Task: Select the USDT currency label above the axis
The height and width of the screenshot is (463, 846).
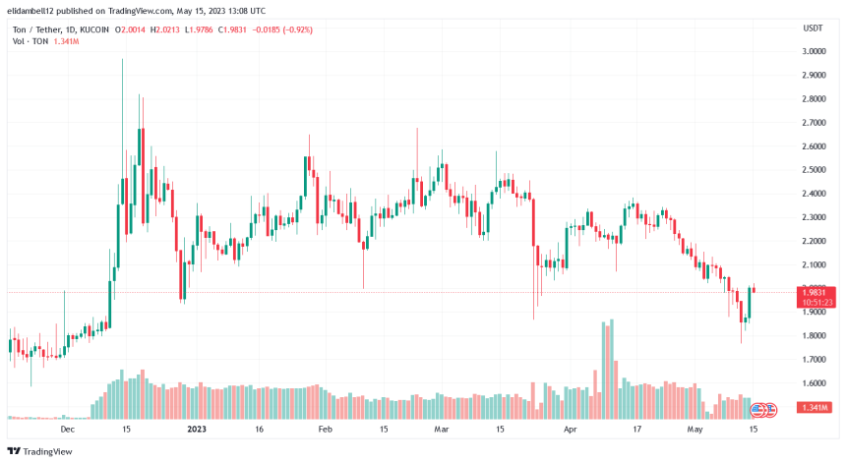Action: (x=812, y=27)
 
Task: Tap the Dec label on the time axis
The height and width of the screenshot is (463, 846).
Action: (x=68, y=430)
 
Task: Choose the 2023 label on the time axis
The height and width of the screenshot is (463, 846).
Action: (x=197, y=430)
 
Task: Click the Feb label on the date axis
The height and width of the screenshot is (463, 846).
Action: (x=325, y=430)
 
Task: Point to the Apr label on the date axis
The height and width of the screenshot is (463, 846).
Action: (x=570, y=430)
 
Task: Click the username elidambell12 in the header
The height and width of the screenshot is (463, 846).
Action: (x=34, y=10)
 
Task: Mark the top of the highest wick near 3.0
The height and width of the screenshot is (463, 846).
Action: (x=122, y=59)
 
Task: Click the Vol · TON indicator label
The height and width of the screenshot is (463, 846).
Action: (x=24, y=42)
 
